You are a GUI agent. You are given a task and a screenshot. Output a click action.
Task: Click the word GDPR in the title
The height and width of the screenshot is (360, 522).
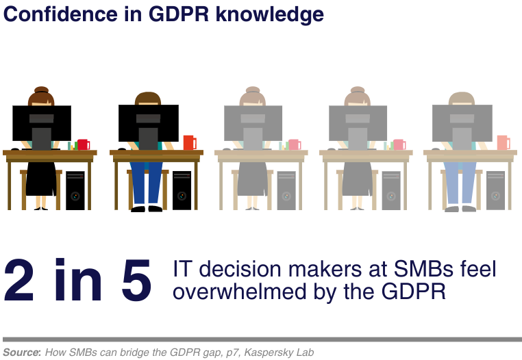coord(179,14)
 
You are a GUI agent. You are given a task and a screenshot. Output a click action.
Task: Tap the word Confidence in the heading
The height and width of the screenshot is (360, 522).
coord(60,14)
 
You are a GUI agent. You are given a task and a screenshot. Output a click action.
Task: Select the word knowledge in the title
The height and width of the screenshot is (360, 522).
coord(270,15)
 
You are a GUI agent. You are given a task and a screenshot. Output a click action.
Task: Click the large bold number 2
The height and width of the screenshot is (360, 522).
coord(19,280)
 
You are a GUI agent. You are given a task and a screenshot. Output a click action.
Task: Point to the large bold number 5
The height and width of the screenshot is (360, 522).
coord(136,280)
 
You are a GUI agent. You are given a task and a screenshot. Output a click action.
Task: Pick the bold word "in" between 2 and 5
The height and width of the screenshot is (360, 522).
coord(78,279)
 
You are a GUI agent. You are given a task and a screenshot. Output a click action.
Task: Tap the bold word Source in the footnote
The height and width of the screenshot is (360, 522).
coord(21,352)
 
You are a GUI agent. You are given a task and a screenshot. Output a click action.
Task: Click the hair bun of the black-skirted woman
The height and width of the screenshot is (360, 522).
coord(41,90)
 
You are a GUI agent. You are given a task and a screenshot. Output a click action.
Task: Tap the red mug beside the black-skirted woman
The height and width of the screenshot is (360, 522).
coord(84,144)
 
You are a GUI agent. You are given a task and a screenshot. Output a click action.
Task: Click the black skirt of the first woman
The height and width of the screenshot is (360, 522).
coord(41,179)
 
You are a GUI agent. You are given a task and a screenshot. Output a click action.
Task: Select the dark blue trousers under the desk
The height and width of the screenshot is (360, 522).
coord(146,182)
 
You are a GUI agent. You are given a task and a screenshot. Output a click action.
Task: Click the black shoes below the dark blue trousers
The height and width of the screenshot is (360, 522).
coord(147,209)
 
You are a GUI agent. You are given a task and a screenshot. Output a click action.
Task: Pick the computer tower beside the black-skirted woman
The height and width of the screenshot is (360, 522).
coord(75,190)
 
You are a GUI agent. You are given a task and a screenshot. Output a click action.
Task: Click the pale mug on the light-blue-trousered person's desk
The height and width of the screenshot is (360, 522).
coord(504,142)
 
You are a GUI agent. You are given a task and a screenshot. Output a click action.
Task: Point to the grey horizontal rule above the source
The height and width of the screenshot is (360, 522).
coord(262,339)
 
